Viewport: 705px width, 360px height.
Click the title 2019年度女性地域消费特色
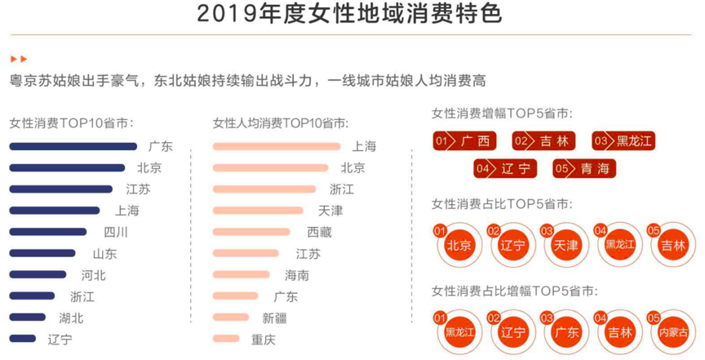[x=350, y=15]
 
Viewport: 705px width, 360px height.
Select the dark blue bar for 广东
[x=73, y=147]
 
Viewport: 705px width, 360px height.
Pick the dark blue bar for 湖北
[x=28, y=317]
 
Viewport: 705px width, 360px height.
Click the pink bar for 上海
[x=276, y=147]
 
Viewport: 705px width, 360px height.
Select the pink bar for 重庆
[x=226, y=338]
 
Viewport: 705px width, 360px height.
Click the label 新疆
[x=274, y=318]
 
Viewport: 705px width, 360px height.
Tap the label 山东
[x=104, y=254]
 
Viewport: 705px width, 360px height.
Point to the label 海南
[x=296, y=275]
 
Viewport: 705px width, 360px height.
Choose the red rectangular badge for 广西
[x=464, y=141]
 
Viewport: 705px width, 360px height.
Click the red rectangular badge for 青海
[x=583, y=169]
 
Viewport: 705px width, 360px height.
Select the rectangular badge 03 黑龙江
[x=623, y=141]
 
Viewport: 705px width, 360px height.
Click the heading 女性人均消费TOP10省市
[x=281, y=123]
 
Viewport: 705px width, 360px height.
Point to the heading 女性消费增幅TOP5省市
[x=501, y=113]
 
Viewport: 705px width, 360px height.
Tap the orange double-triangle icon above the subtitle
[x=19, y=59]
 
